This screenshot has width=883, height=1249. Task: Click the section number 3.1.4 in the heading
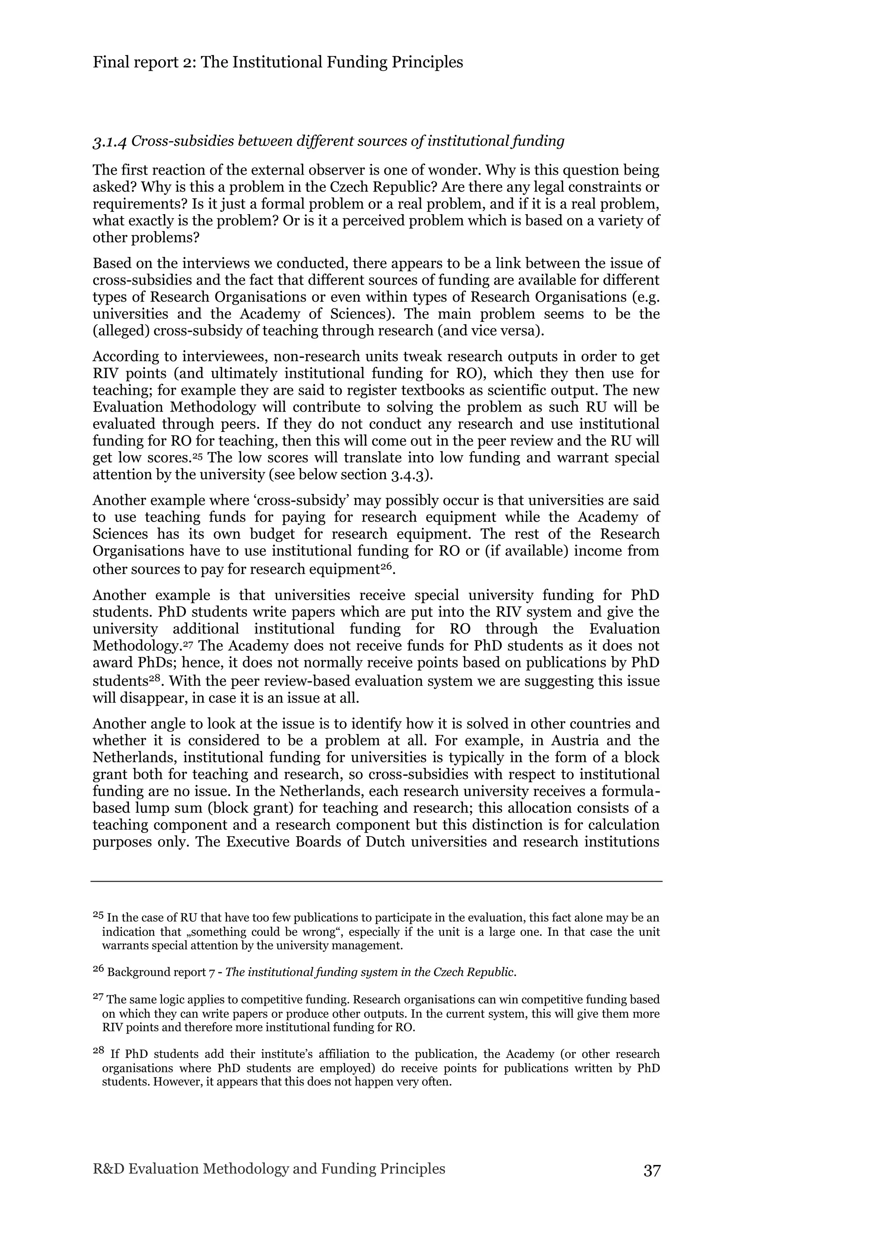[110, 142]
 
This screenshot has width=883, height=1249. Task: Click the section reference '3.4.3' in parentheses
[409, 475]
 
